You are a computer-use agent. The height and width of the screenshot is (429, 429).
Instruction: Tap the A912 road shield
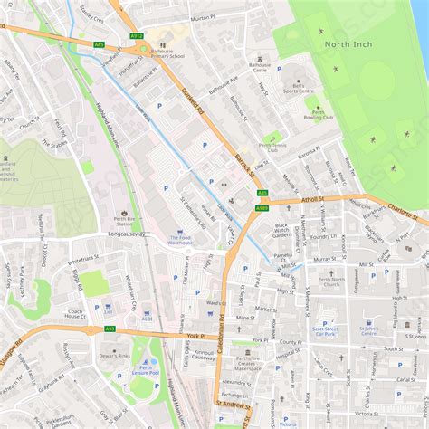point(137,35)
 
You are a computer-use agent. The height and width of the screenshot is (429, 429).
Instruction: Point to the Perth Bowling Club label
point(319,114)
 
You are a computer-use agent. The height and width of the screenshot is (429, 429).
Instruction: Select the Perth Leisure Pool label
point(143,371)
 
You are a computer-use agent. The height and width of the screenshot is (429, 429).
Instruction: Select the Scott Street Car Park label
point(324,331)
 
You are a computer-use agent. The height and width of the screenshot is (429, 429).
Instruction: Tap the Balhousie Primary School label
point(167,52)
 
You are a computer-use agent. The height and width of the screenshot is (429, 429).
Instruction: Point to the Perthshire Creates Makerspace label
point(253,365)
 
